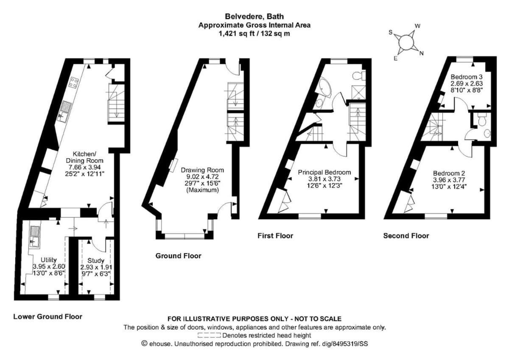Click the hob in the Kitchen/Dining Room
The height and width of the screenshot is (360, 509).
[74, 83]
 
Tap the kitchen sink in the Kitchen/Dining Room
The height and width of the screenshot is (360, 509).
[65, 111]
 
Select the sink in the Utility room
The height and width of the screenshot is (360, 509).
[34, 237]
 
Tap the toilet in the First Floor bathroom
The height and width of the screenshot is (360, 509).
[359, 75]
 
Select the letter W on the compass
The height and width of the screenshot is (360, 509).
[417, 26]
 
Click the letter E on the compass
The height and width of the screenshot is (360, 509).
[396, 59]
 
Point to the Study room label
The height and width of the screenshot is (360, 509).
[96, 260]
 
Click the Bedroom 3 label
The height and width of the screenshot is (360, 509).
[467, 77]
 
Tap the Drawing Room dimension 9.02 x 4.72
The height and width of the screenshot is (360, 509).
[202, 176]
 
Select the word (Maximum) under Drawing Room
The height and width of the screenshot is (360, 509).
[202, 190]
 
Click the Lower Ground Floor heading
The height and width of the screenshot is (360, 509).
[48, 317]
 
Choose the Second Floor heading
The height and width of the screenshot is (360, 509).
[406, 236]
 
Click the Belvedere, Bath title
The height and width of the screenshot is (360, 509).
[254, 17]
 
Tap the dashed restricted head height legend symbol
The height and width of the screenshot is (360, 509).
[209, 335]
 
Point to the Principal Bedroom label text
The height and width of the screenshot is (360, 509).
[324, 173]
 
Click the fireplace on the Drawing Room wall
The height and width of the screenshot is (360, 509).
[173, 164]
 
